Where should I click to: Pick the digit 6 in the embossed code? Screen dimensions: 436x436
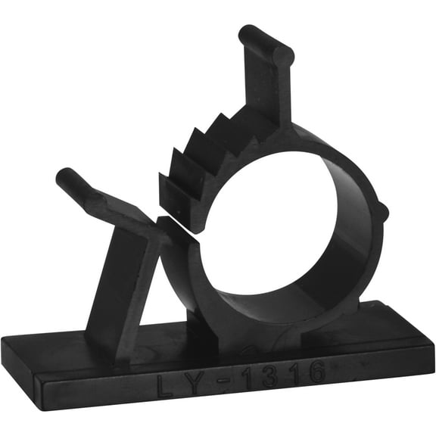pyautogui.click(x=316, y=372)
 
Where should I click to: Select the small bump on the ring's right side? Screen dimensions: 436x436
pyautogui.click(x=382, y=211)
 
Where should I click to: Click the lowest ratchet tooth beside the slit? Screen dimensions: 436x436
pyautogui.click(x=170, y=189)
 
